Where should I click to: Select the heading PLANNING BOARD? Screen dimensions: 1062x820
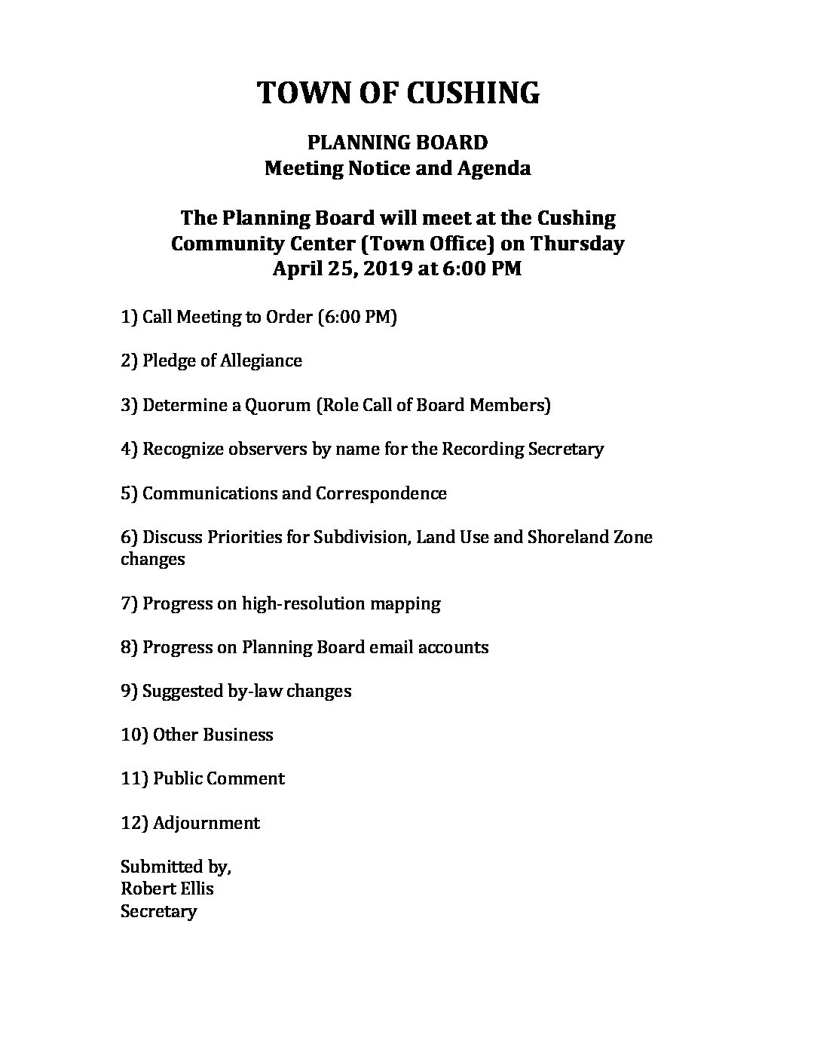pos(397,142)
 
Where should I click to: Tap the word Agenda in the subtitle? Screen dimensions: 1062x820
pos(494,167)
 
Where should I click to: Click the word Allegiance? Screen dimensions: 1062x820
pos(261,361)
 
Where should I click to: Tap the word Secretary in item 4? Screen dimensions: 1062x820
pos(566,449)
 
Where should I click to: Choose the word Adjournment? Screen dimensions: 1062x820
pos(206,823)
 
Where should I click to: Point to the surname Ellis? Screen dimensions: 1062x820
pos(196,889)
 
